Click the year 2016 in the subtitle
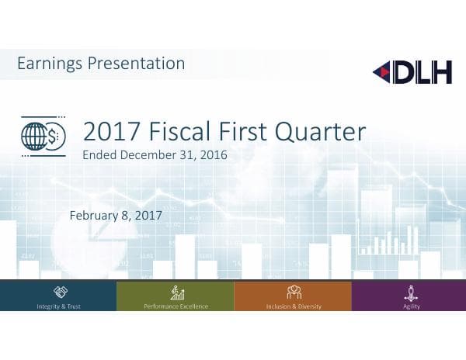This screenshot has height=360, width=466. (212, 155)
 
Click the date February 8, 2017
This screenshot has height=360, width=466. (116, 215)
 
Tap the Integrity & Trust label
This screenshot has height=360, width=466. (58, 306)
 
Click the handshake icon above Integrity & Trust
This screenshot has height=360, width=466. (59, 292)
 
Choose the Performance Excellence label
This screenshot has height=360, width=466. (176, 306)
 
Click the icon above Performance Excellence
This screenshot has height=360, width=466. (176, 292)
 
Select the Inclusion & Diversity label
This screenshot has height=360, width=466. (294, 306)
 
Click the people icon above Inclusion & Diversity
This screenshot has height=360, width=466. (294, 292)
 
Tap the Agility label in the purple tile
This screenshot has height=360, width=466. (411, 306)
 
